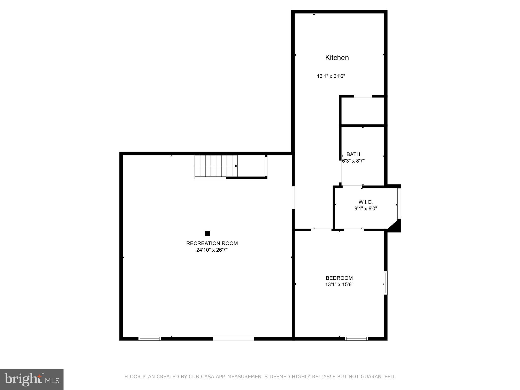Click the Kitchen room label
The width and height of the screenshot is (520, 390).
337,58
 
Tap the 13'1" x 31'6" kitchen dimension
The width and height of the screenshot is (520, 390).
331,76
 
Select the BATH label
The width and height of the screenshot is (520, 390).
353,154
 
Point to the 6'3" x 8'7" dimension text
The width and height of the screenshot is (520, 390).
353,161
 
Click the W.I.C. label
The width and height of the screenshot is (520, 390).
366,202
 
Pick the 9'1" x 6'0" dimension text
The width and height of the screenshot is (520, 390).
366,209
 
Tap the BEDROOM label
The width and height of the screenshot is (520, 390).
339,278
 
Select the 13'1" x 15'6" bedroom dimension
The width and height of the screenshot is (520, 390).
339,285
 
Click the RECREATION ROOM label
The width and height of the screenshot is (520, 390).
212,243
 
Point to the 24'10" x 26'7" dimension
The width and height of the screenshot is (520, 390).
212,250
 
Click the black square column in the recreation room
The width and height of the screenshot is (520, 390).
208,233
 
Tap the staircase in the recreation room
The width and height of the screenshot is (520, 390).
216,166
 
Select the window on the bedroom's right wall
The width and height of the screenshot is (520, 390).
386,283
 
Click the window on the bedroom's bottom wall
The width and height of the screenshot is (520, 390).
356,338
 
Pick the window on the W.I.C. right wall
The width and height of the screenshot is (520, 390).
399,203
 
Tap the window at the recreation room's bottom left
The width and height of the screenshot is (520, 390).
150,338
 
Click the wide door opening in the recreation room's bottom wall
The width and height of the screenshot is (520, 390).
233,338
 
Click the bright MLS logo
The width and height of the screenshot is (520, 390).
32,380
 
